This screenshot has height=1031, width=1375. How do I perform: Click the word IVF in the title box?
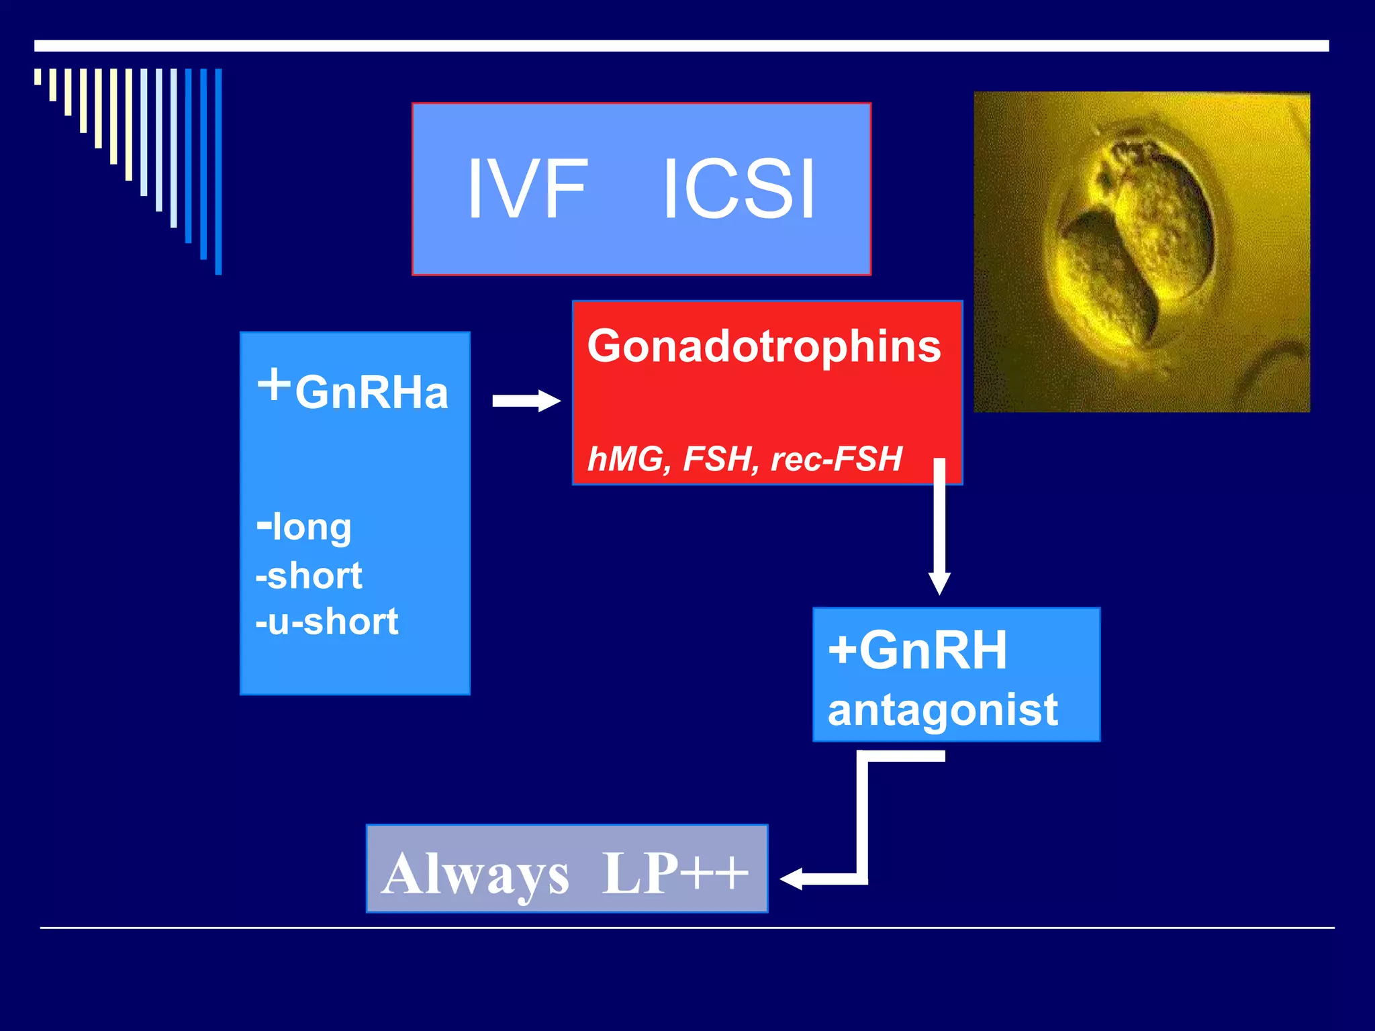click(x=527, y=189)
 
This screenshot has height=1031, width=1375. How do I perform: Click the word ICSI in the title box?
click(x=739, y=189)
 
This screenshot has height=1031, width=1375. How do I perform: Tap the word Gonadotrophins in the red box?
click(x=764, y=346)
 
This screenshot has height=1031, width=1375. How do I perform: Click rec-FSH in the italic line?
click(x=837, y=460)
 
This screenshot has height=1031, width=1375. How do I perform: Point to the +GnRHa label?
click(x=353, y=389)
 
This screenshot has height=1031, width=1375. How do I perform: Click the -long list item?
click(x=304, y=527)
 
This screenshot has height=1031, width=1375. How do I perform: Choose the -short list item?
click(x=309, y=576)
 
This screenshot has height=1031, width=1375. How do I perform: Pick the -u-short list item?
click(x=327, y=622)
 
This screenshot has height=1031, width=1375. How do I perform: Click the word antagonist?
click(x=943, y=710)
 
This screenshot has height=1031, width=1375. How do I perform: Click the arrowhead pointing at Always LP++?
click(x=792, y=879)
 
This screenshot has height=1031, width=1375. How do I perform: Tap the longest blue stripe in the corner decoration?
click(x=218, y=171)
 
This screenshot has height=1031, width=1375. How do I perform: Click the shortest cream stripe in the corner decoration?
click(x=38, y=77)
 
